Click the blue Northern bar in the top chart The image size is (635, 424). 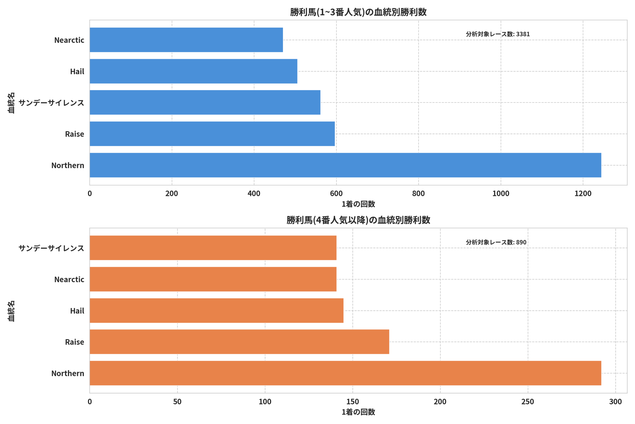[x=346, y=165]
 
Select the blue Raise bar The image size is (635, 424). [x=212, y=134]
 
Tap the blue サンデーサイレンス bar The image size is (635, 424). [x=205, y=103]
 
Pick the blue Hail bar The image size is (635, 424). [x=193, y=71]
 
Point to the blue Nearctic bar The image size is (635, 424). [x=186, y=40]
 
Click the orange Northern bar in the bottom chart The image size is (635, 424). [x=346, y=373]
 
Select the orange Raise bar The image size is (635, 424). [x=239, y=342]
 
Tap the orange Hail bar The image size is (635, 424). [x=217, y=311]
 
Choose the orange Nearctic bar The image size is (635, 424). [x=213, y=279]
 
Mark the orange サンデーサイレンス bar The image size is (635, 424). [x=213, y=248]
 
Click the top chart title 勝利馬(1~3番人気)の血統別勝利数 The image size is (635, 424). [x=358, y=12]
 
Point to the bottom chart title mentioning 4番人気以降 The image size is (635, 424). [x=358, y=220]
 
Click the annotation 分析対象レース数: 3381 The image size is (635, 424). [x=498, y=34]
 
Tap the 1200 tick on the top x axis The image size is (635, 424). [x=583, y=193]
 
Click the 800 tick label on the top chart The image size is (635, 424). [x=418, y=193]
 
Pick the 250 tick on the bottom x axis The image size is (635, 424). [x=528, y=402]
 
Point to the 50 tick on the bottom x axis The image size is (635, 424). [x=177, y=402]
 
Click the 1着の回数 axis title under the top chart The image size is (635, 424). [x=358, y=204]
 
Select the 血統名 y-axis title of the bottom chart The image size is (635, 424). [x=11, y=311]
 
